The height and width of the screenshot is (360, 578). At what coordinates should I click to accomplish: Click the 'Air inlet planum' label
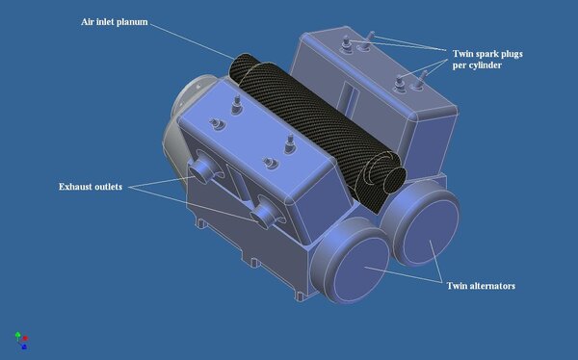pyautogui.click(x=115, y=22)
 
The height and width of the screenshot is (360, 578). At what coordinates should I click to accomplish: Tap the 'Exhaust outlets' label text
pyautogui.click(x=91, y=187)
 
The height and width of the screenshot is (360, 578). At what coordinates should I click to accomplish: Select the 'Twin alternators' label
pyautogui.click(x=481, y=286)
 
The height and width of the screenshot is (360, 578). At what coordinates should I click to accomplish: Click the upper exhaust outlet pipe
pyautogui.click(x=201, y=171)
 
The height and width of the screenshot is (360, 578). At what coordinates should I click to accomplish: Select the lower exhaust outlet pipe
pyautogui.click(x=264, y=216)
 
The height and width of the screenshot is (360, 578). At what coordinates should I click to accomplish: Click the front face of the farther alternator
pyautogui.click(x=431, y=232)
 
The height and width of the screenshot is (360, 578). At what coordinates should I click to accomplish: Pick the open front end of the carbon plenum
pyautogui.click(x=393, y=180)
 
